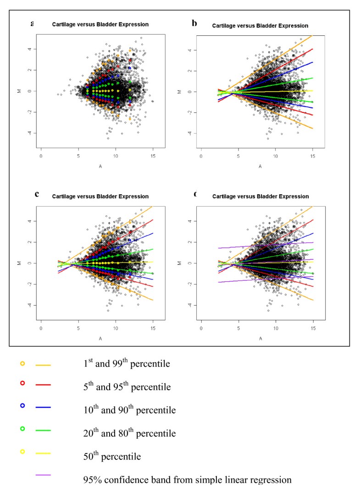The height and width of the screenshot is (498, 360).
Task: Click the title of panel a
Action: point(100,24)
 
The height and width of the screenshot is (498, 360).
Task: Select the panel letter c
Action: point(37,193)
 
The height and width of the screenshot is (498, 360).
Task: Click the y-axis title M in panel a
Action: point(24,91)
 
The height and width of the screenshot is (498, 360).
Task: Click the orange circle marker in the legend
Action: point(22,364)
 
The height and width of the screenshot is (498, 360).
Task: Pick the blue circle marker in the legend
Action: point(22,405)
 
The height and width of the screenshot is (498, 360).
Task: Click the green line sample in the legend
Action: point(43,431)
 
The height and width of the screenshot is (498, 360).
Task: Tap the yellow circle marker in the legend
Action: point(22,452)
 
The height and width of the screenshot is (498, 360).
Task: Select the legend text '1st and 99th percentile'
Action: point(124,364)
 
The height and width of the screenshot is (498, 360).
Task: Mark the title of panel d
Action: point(260,196)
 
